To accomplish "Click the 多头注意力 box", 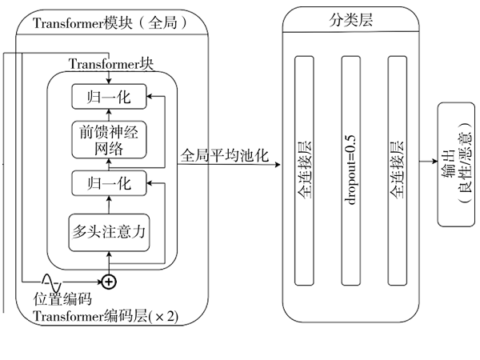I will [110, 232].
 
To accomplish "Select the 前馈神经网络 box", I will [110, 140].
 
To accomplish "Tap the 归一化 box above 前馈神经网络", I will [110, 98].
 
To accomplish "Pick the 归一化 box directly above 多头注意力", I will [110, 183].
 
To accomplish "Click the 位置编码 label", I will [62, 300].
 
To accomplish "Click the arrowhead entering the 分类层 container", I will [280, 166].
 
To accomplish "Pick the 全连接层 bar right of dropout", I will [398, 170].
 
